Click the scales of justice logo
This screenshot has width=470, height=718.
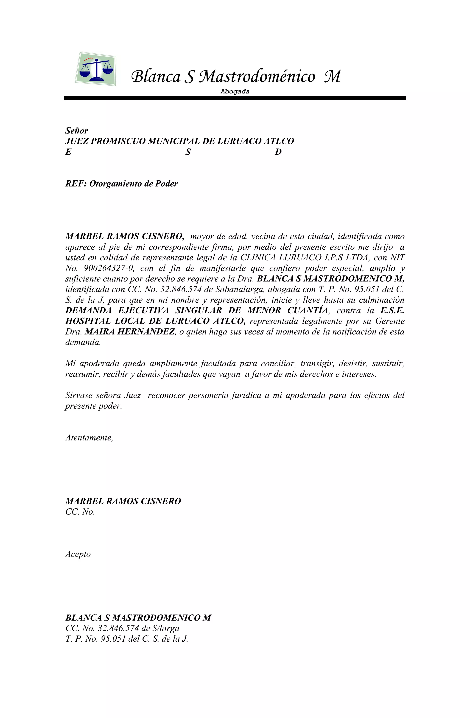96,69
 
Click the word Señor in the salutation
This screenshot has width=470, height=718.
77,131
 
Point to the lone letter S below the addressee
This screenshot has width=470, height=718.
188,152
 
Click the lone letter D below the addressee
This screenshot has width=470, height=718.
278,152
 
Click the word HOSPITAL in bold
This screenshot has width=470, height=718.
84,321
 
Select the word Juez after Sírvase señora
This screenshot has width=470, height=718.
132,395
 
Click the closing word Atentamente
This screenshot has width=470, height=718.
89,437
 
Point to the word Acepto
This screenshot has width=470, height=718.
78,554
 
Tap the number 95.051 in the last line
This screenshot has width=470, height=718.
113,639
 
